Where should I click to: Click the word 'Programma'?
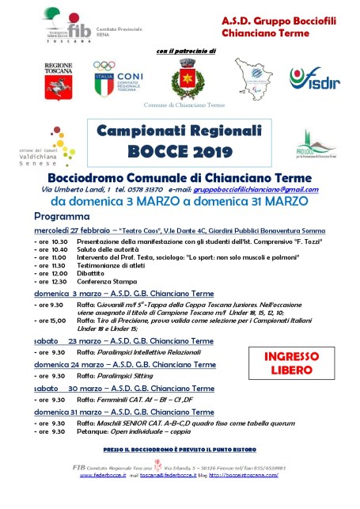(62, 215)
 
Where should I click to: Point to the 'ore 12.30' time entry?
(52, 281)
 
